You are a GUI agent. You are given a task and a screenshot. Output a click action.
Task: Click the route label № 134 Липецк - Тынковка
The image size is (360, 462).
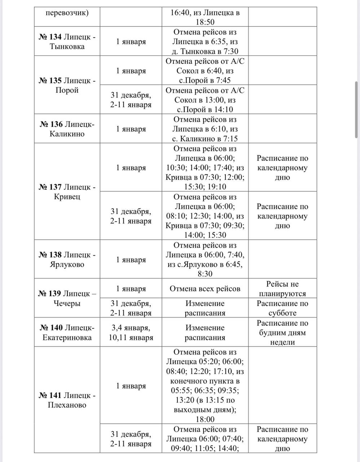[x=67, y=42]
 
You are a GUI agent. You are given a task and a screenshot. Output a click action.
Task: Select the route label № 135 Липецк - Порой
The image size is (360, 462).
[x=67, y=85]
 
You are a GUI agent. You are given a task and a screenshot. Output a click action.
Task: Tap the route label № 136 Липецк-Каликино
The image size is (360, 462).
[x=67, y=129]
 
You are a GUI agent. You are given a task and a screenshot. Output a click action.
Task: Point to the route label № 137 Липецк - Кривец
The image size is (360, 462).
[x=67, y=192]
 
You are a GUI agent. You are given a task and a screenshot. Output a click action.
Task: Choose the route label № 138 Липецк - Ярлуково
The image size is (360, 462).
[x=67, y=260]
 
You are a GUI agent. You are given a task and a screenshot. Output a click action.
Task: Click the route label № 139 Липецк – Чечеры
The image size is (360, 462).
[x=67, y=298]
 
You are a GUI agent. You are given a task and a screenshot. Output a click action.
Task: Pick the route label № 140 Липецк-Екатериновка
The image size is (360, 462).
[x=67, y=332]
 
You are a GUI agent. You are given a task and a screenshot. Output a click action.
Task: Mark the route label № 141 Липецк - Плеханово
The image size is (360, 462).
[x=67, y=400]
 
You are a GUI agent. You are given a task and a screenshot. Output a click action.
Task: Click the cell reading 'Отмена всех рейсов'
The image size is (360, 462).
[x=205, y=289]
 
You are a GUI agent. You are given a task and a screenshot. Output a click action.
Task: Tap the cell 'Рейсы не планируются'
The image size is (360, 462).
[x=282, y=289]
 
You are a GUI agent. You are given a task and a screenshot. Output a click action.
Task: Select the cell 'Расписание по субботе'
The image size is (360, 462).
[x=282, y=308]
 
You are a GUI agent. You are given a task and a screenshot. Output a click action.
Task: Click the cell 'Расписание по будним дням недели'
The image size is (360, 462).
[x=282, y=332]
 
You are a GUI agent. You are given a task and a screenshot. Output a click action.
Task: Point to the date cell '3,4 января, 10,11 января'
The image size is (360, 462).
[x=131, y=332]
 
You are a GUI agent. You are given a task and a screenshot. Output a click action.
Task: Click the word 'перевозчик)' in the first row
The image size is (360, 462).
[x=67, y=13]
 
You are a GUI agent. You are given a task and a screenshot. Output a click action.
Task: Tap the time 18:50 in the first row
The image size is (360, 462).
[x=205, y=22]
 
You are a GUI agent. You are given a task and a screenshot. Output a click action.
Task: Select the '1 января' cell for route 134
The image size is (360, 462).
[x=131, y=42]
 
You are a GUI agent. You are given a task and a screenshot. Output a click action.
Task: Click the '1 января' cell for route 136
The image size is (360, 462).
[x=131, y=129]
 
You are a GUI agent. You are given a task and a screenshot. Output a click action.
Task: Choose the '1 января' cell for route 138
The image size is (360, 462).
[x=131, y=260]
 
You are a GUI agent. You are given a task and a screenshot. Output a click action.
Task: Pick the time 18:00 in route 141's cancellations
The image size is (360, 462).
[x=205, y=419]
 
